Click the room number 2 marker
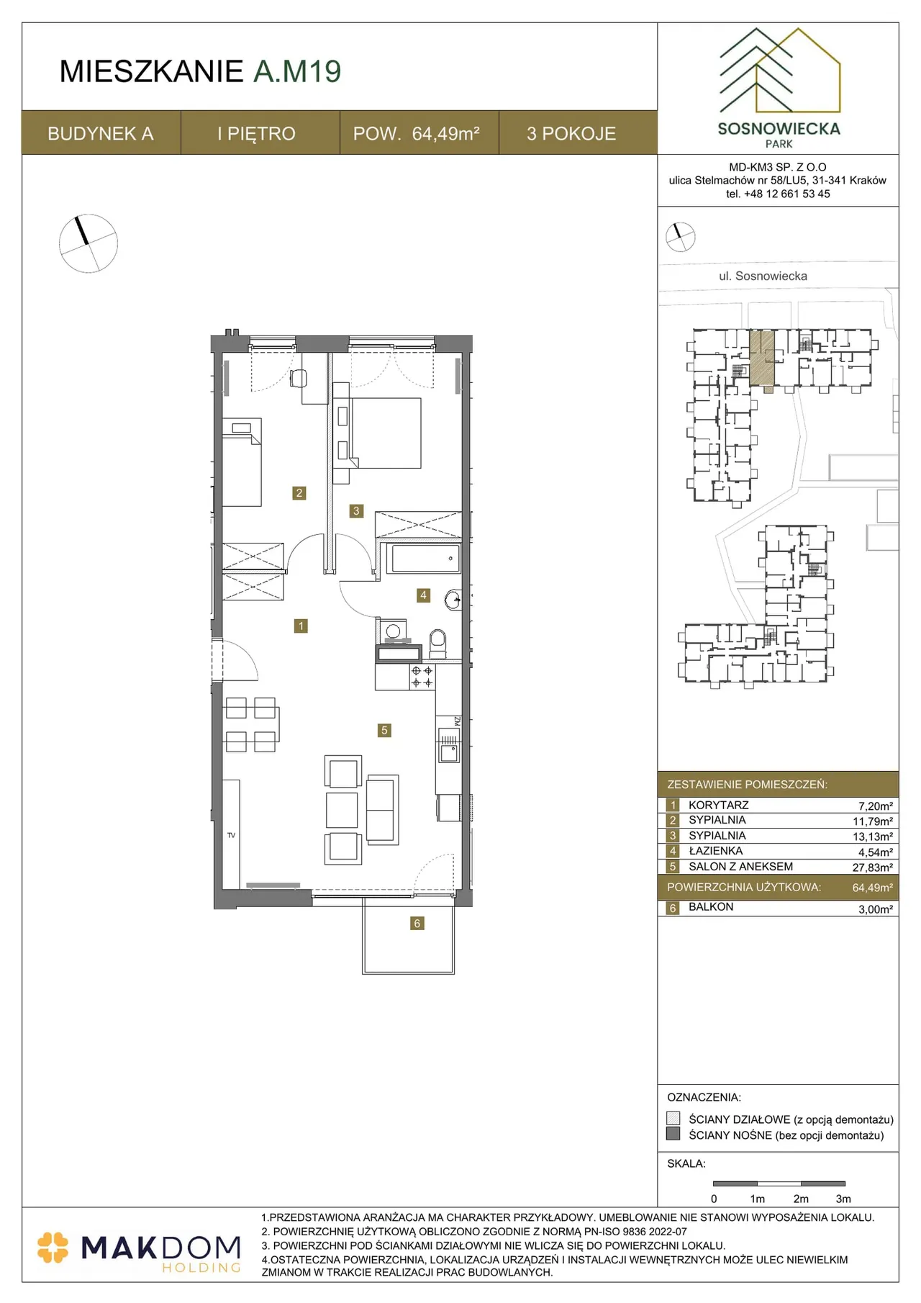[299, 493]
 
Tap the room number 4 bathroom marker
[423, 595]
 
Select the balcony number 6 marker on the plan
[417, 923]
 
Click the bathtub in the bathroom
[424, 559]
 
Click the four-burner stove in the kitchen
[422, 677]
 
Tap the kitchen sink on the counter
[449, 746]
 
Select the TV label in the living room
[231, 835]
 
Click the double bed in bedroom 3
[386, 433]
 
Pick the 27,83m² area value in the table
[873, 867]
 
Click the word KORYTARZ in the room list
[718, 805]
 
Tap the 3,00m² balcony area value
[876, 909]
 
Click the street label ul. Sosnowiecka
[763, 276]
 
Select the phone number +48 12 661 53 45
[787, 194]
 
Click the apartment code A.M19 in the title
[297, 71]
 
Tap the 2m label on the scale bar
[801, 1199]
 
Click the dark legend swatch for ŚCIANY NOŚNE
[673, 1134]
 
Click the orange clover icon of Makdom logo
[53, 1248]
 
